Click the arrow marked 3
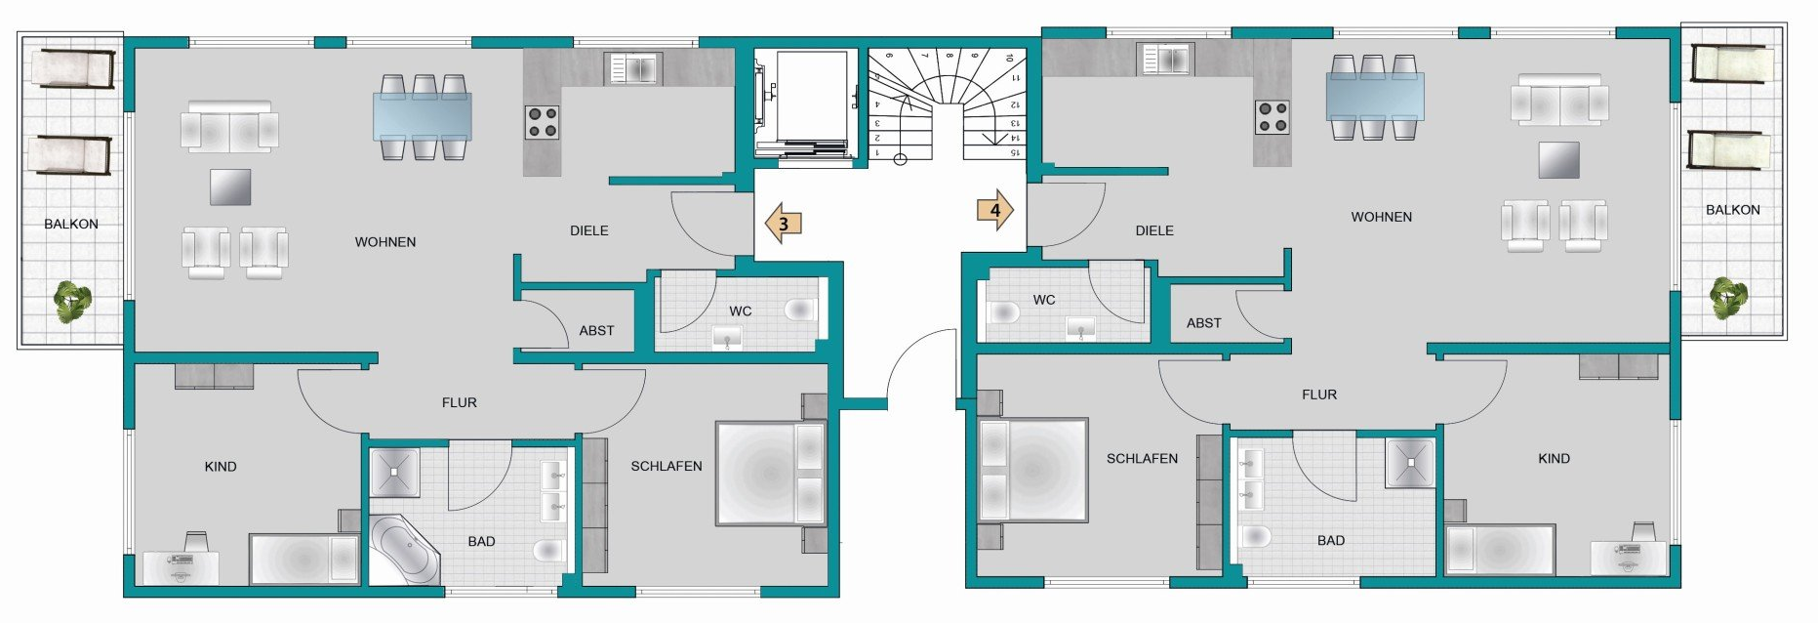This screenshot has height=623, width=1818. pyautogui.click(x=783, y=223)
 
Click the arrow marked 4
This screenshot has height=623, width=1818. pyautogui.click(x=995, y=210)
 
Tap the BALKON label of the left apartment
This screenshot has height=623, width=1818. pyautogui.click(x=71, y=224)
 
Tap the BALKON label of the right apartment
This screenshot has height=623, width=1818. pyautogui.click(x=1733, y=210)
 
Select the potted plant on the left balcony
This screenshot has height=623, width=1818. pyautogui.click(x=72, y=302)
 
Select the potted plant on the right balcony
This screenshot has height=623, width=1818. pyautogui.click(x=1728, y=298)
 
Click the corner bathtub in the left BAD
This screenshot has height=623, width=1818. pyautogui.click(x=406, y=550)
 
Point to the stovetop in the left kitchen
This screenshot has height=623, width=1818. pyautogui.click(x=542, y=122)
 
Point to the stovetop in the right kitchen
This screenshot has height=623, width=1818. pyautogui.click(x=1273, y=117)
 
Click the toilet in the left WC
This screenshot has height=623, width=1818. pyautogui.click(x=799, y=311)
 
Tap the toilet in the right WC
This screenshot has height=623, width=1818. pyautogui.click(x=1003, y=312)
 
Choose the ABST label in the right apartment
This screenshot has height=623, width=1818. pyautogui.click(x=1204, y=323)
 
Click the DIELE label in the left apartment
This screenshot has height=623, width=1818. pyautogui.click(x=589, y=230)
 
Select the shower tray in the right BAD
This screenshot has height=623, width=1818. pyautogui.click(x=1410, y=464)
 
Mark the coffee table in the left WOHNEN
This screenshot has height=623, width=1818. pyautogui.click(x=230, y=187)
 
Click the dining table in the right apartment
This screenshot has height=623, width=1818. pyautogui.click(x=1374, y=96)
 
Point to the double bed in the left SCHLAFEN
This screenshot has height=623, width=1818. pyautogui.click(x=771, y=474)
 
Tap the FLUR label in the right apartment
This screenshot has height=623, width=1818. pyautogui.click(x=1319, y=395)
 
